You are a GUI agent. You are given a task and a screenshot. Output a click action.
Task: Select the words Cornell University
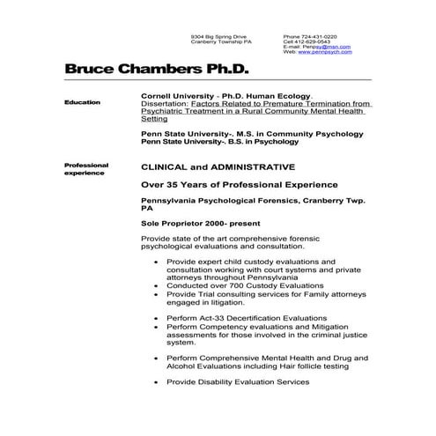pos(179,95)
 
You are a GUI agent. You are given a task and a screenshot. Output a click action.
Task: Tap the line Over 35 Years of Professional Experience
pos(240,184)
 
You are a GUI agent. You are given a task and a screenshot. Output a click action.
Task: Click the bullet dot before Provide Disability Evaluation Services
pos(156,383)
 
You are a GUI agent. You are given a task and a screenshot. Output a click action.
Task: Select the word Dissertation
pos(165,103)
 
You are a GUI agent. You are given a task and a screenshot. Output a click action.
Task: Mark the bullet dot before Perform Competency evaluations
pos(156,325)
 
